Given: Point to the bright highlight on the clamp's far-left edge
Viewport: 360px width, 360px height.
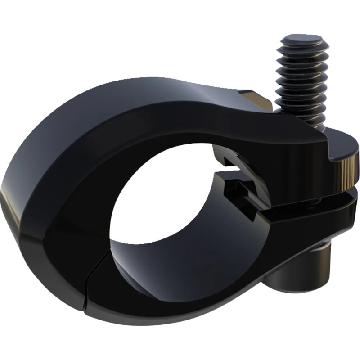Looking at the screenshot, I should click(6, 198).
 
